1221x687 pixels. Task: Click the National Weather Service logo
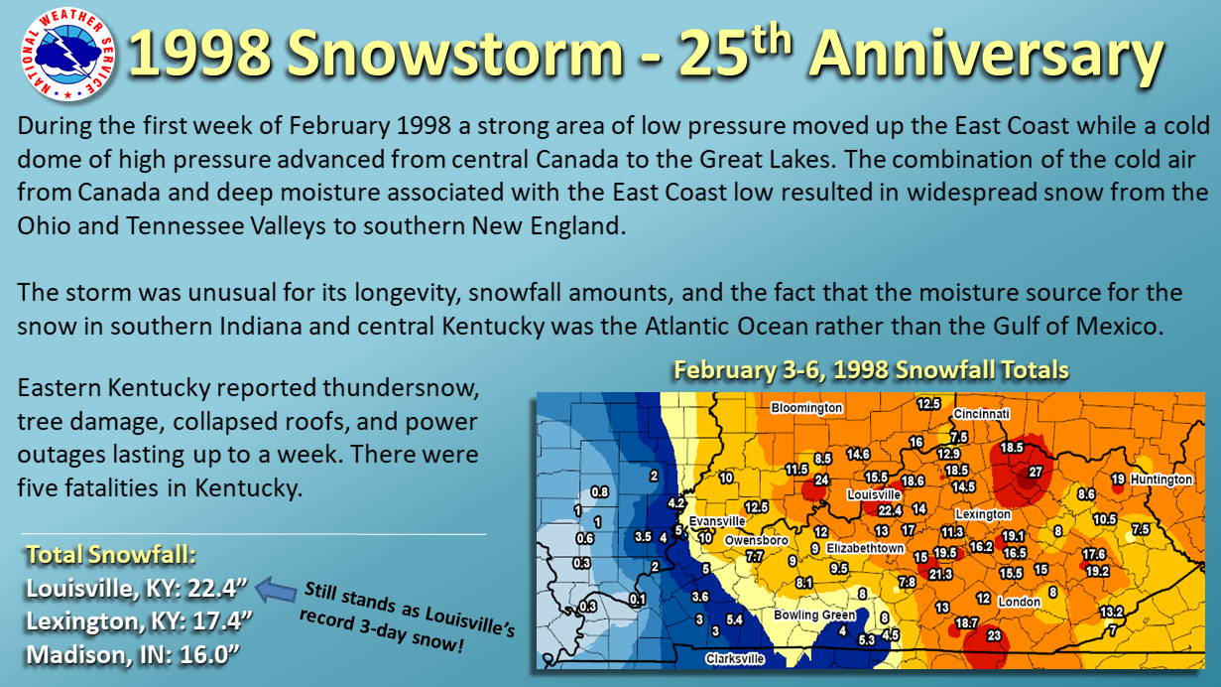67,55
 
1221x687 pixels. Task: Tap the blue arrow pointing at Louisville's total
276,590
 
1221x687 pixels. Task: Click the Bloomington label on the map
806,408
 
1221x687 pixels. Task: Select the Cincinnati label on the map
981,414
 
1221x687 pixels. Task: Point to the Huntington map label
1161,480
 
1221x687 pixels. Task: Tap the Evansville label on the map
717,521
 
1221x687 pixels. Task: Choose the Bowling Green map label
814,615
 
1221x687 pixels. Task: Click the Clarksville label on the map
735,658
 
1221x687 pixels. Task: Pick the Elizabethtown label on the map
865,548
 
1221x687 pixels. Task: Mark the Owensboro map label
756,540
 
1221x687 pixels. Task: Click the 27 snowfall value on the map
1035,472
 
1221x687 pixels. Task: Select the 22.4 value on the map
890,510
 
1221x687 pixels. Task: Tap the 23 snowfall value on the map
994,635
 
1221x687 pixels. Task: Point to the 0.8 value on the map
600,491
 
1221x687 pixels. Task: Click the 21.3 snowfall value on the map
940,574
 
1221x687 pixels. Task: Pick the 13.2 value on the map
1112,612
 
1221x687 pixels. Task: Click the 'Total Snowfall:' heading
111,554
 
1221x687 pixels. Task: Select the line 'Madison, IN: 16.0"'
133,655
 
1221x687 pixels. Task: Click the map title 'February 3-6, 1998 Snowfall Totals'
871,369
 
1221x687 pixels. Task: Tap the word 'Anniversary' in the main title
987,54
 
